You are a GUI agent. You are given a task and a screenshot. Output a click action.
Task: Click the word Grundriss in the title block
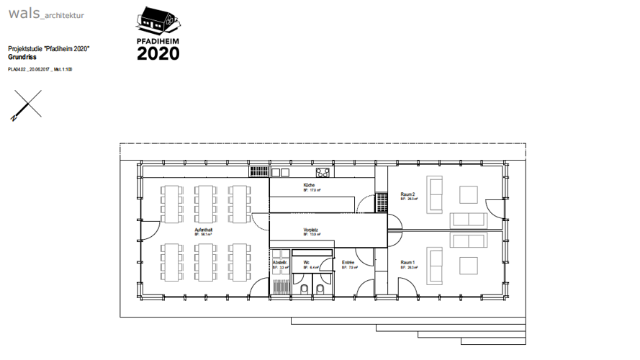point(21,55)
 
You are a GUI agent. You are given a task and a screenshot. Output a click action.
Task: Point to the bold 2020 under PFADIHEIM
point(158,53)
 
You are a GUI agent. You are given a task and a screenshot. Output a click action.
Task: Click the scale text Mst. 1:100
point(63,70)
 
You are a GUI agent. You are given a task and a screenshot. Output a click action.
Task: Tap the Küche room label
point(309,186)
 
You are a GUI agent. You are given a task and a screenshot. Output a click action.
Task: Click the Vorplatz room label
point(310,230)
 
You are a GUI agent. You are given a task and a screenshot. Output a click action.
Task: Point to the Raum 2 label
point(407,194)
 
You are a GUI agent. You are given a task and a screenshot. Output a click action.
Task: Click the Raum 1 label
point(407,263)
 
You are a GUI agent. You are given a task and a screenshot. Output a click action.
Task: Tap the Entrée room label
point(348,263)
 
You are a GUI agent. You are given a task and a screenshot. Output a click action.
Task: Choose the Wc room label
point(306,263)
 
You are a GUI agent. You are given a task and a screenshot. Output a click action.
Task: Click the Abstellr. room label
point(279,263)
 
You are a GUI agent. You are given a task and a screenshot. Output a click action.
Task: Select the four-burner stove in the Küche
point(323,172)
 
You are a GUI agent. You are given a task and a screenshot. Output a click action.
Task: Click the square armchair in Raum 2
point(469,194)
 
